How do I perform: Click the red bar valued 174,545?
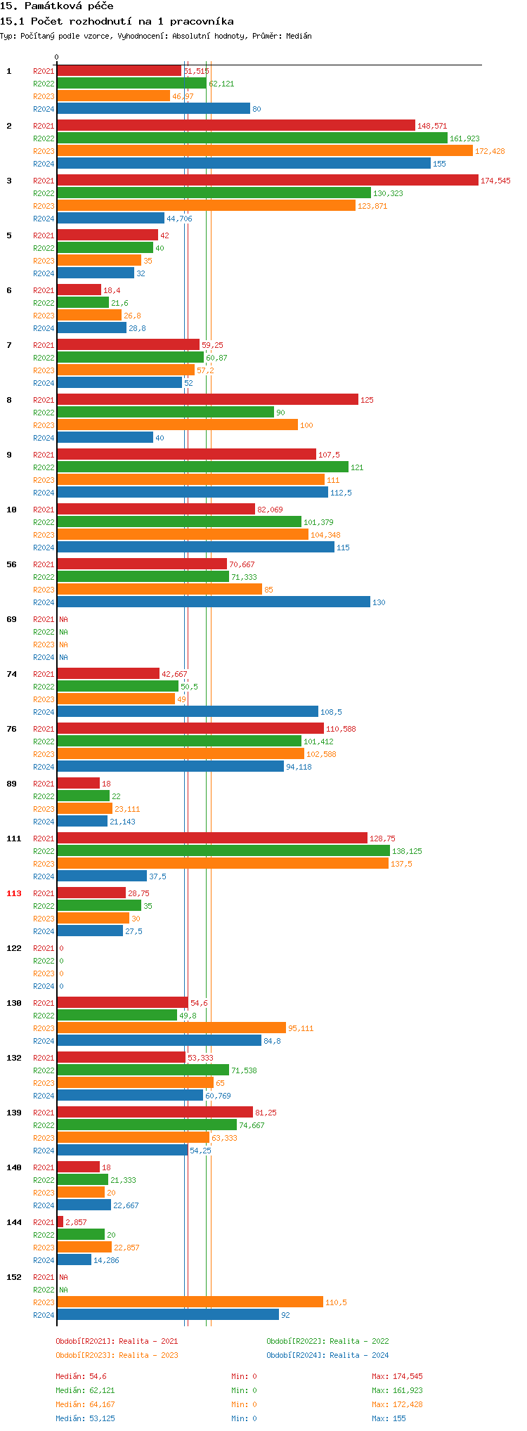coord(267,181)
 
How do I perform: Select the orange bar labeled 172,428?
coord(264,151)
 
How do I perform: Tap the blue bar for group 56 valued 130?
coord(213,602)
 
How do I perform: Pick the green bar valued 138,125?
coord(223,851)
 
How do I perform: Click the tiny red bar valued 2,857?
coord(60,1222)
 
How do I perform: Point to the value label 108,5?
coord(331,712)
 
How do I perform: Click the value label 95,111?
coord(301,1028)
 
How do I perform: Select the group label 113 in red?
coord(14,893)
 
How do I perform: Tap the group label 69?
coord(12,619)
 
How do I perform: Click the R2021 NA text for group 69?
coord(63,619)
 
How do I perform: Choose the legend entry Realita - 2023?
coord(117,1355)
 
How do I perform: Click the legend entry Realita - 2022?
coord(327,1341)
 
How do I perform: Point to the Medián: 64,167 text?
coord(85,1404)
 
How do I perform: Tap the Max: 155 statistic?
coord(389,1418)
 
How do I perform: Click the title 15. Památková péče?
coord(57,6)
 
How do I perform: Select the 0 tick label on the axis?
coord(57,58)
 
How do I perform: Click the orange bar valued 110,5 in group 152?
coord(190,1302)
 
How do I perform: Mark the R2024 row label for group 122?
coord(44,986)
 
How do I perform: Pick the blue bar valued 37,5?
coord(102,876)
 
